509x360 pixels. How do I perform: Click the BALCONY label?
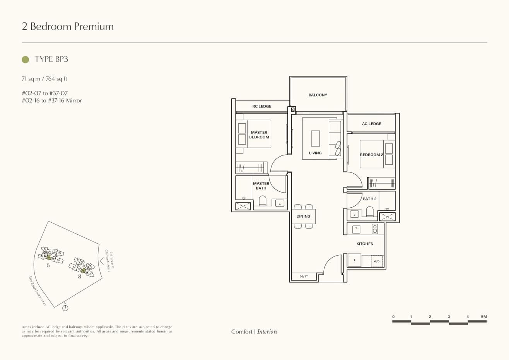tap(318, 95)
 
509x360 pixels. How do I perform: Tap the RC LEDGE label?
tap(262, 106)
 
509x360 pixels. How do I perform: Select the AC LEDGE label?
tap(371, 124)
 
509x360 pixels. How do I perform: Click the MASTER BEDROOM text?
tap(259, 135)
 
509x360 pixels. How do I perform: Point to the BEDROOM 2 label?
tap(371, 155)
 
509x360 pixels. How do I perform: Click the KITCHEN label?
tap(365, 244)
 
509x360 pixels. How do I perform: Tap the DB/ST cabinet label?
tap(304, 276)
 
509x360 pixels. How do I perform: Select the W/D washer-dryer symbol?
tap(377, 261)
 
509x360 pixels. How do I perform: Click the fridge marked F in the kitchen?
tap(354, 260)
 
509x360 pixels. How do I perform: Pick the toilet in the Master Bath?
tap(263, 201)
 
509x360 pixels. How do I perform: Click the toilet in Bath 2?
tap(370, 212)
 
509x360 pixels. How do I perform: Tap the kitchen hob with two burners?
tap(374, 229)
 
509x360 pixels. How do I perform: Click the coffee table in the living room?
tap(315, 138)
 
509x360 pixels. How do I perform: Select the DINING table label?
tap(303, 216)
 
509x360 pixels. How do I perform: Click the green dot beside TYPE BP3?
tap(26, 60)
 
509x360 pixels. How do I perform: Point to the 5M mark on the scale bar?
tap(484, 317)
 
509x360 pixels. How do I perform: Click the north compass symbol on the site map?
tap(65, 308)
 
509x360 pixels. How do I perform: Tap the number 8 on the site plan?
tap(80, 276)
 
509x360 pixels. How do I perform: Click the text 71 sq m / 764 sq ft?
tap(44, 79)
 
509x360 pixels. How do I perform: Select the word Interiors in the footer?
tap(267, 331)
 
